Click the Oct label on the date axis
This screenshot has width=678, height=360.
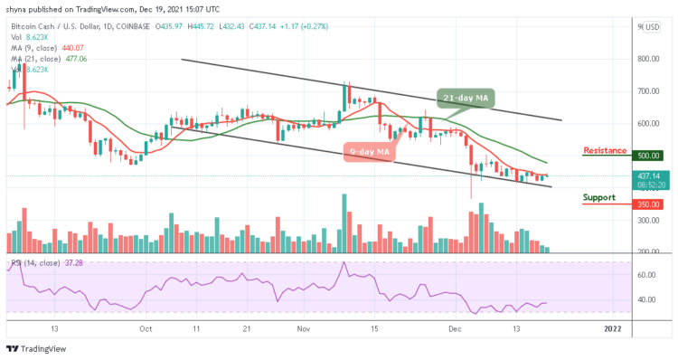click(146, 329)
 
